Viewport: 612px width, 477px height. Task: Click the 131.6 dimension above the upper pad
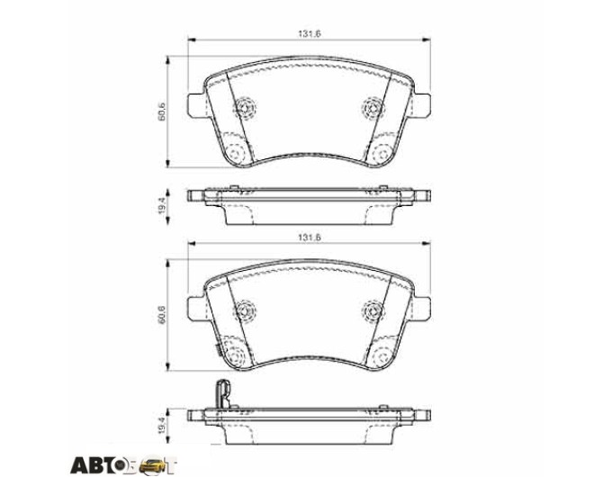tap(310, 33)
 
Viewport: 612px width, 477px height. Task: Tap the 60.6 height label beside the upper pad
tap(162, 112)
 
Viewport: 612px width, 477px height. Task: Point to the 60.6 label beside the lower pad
tap(162, 314)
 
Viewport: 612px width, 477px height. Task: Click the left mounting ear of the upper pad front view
tap(197, 105)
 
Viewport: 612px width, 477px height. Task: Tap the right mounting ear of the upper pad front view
tap(422, 105)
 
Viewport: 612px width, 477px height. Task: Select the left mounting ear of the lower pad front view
tap(197, 308)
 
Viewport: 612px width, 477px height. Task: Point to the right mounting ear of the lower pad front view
tap(422, 308)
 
